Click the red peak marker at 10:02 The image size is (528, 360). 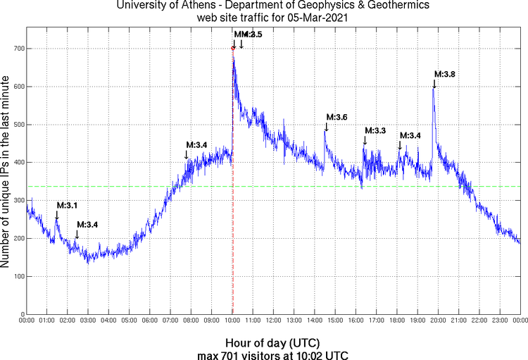[x=233, y=49]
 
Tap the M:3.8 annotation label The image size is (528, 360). [x=444, y=74]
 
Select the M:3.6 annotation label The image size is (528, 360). [x=337, y=117]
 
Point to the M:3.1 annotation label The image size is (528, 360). [x=67, y=205]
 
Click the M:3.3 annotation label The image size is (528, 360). [x=376, y=131]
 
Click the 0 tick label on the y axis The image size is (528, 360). [x=21, y=314]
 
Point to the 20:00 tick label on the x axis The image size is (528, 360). [x=439, y=321]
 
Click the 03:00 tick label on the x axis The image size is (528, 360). [x=89, y=321]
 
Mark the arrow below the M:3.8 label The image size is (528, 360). [x=434, y=84]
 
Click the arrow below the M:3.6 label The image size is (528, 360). [x=326, y=127]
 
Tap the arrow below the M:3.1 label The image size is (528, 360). [x=57, y=215]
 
